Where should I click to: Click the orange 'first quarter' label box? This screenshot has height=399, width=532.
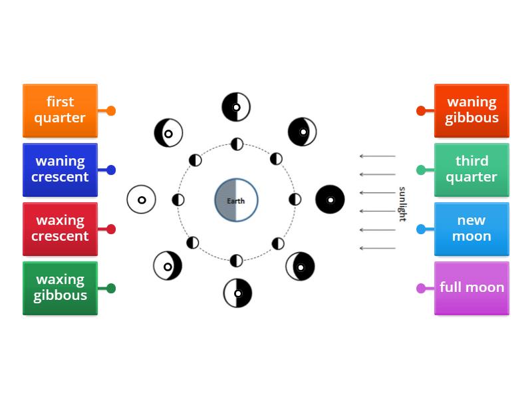tap(60, 110)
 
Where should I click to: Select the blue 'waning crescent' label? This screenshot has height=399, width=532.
tap(60, 170)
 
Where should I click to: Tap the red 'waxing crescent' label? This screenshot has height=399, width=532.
tap(60, 229)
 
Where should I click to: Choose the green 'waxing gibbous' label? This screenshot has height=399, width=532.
tap(60, 288)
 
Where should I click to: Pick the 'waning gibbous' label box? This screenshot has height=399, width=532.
tap(471, 110)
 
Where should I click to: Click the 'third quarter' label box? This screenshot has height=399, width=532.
tap(471, 170)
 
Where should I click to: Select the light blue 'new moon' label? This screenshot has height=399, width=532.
tap(471, 229)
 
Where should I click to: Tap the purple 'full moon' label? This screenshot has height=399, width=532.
tap(471, 288)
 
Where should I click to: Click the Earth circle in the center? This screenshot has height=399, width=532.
tap(236, 199)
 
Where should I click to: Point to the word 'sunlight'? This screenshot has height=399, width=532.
tap(402, 204)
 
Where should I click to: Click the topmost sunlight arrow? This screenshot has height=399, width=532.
tap(377, 156)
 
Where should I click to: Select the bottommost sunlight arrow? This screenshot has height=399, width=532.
tap(377, 248)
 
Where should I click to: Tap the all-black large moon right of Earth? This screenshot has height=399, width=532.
tap(330, 199)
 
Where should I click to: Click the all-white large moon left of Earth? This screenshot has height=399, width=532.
tap(142, 199)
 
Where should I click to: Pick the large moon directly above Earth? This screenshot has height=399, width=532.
tap(236, 107)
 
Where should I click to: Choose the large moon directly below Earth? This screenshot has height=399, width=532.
tap(237, 293)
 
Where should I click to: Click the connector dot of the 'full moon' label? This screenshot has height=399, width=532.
tap(421, 289)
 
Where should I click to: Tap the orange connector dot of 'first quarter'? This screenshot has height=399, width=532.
tap(111, 111)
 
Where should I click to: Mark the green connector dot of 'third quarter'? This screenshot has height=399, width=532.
tap(421, 170)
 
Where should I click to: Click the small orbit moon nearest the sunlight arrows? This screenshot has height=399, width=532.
tap(295, 199)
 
